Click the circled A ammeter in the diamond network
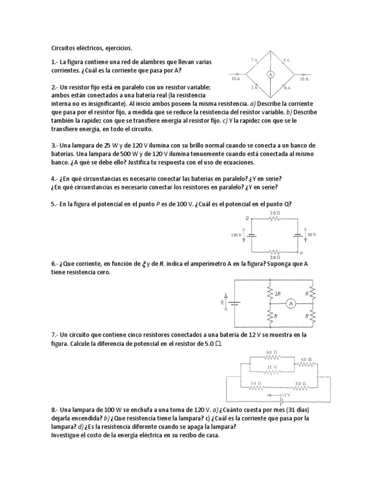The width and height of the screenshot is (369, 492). (271, 75)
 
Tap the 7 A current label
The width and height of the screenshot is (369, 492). (254, 60)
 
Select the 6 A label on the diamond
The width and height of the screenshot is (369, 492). (287, 88)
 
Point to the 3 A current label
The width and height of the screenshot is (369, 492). (254, 88)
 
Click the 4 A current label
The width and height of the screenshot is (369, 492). (286, 60)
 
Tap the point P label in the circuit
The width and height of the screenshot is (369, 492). (301, 252)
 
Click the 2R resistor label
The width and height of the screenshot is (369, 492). (277, 293)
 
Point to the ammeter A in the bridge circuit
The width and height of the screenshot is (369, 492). (290, 304)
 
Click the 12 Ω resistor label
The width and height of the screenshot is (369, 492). (273, 366)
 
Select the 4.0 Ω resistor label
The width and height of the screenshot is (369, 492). (306, 359)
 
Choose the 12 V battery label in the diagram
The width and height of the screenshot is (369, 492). (287, 394)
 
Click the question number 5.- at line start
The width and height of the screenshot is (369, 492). (54, 204)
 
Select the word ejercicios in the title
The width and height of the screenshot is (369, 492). (114, 48)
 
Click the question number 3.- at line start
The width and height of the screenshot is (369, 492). (54, 145)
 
